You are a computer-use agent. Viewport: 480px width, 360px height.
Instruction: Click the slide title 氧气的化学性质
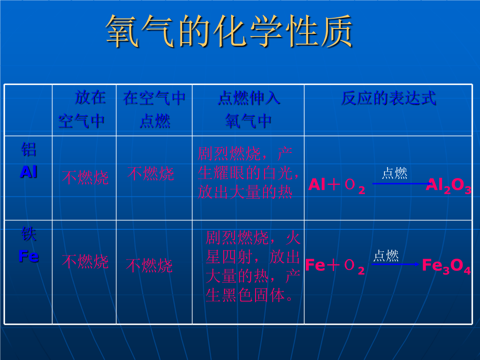pos(229,31)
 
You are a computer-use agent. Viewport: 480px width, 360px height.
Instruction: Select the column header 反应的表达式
pos(388,98)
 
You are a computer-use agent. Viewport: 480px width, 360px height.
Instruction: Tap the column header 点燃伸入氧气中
pos(248,109)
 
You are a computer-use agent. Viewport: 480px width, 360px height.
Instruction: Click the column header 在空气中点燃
pos(154,109)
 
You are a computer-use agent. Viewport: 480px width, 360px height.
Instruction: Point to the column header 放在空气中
pos(82,109)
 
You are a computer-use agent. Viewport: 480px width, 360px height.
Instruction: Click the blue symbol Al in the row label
pos(28,172)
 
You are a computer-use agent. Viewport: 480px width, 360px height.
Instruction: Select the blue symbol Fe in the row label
pos(28,256)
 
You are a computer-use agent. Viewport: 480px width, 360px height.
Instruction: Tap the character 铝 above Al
pos(28,149)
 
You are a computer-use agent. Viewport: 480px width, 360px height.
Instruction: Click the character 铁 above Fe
pos(28,234)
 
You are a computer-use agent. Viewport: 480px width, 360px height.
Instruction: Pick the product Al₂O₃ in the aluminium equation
pos(448,185)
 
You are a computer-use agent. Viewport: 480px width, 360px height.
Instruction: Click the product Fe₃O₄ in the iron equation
pos(446,266)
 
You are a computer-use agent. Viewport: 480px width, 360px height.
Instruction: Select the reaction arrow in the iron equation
pos(395,264)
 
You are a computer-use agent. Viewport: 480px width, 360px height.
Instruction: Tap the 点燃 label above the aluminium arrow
pos(395,173)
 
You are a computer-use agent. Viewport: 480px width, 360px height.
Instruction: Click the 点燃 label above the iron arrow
pos(386,256)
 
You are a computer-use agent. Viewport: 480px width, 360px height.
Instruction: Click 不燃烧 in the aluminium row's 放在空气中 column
pos(85,177)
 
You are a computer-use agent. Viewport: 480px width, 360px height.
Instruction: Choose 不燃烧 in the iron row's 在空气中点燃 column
pos(149,265)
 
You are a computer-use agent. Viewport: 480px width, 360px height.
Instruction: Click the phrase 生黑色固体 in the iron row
pos(245,296)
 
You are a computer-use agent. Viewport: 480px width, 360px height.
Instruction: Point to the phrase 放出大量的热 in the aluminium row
pos(245,192)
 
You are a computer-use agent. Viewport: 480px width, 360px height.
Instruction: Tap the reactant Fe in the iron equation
pos(315,265)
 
